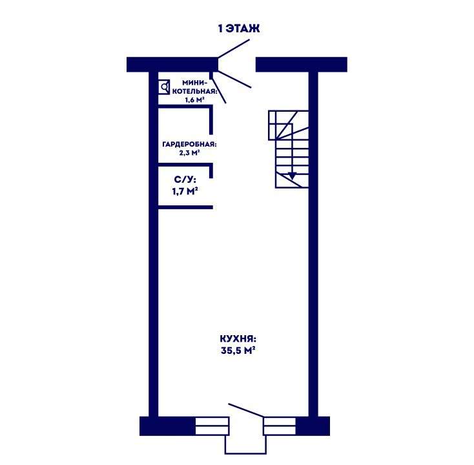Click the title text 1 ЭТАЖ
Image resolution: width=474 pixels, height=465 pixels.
click(239, 28)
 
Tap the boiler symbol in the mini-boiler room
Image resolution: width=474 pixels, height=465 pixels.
click(164, 87)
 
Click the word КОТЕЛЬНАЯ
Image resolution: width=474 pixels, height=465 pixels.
click(194, 91)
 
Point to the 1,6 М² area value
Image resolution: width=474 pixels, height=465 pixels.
click(194, 100)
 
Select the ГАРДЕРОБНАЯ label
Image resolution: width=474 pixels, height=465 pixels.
click(190, 145)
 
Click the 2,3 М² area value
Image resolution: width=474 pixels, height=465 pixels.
click(190, 153)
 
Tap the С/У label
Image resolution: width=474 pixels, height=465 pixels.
click(185, 180)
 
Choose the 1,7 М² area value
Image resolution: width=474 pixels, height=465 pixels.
click(185, 191)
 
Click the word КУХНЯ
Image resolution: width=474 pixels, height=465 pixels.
click(238, 338)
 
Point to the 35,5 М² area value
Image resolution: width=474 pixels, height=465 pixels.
click(238, 351)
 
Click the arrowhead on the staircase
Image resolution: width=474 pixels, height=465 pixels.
click(292, 176)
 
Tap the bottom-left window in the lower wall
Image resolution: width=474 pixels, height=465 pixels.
click(212, 426)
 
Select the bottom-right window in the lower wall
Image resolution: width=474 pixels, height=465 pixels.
click(280, 426)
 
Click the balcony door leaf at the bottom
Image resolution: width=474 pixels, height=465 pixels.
click(246, 410)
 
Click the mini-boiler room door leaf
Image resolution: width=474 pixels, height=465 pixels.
click(218, 90)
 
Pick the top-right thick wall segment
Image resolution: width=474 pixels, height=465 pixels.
click(302, 65)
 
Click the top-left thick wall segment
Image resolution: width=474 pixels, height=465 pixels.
click(172, 65)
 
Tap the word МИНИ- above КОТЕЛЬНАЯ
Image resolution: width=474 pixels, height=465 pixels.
click(194, 83)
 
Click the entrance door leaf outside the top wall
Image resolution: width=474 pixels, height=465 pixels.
click(234, 48)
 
